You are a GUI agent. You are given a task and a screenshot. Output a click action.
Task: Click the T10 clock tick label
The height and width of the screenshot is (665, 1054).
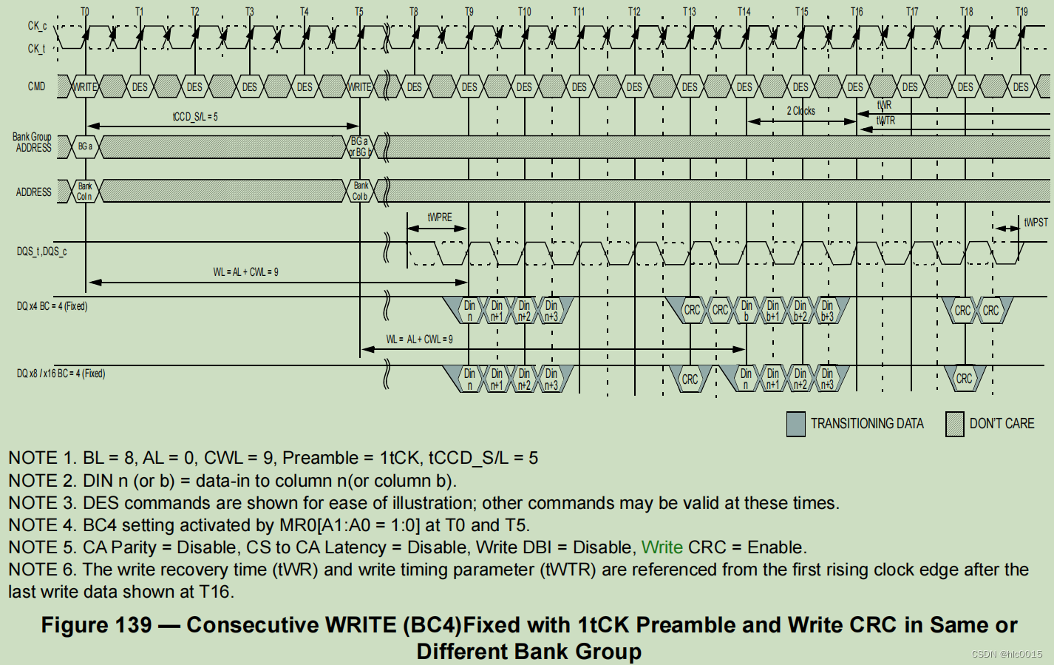pyautogui.click(x=524, y=11)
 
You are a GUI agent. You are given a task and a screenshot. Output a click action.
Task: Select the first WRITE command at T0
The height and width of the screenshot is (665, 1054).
pyautogui.click(x=85, y=87)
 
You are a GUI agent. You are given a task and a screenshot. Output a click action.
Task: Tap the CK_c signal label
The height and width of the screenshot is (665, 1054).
pyautogui.click(x=37, y=26)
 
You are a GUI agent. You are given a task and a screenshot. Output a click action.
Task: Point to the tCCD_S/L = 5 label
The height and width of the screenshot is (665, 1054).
pyautogui.click(x=195, y=117)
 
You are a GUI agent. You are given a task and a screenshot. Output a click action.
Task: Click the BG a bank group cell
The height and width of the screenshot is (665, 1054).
pyautogui.click(x=85, y=146)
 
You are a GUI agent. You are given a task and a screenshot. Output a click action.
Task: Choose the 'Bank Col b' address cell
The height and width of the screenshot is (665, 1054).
pyautogui.click(x=360, y=191)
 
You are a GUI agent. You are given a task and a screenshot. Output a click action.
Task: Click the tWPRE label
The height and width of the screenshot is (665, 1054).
pyautogui.click(x=439, y=217)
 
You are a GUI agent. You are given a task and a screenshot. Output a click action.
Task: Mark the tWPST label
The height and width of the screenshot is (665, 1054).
pyautogui.click(x=1036, y=222)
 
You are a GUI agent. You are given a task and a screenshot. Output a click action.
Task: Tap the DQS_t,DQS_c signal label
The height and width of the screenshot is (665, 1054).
pyautogui.click(x=41, y=252)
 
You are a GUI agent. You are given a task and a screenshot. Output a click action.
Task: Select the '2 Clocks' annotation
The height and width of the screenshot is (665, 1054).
pyautogui.click(x=800, y=111)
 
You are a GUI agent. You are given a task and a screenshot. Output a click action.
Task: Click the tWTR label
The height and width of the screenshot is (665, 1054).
pyautogui.click(x=885, y=121)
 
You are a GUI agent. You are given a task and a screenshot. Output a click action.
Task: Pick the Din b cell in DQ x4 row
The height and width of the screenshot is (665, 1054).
pyautogui.click(x=747, y=311)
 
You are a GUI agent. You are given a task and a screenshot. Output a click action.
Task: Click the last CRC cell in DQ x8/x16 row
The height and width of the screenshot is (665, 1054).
pyautogui.click(x=964, y=379)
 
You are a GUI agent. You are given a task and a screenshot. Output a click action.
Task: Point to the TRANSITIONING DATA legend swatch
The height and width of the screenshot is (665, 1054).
pyautogui.click(x=796, y=424)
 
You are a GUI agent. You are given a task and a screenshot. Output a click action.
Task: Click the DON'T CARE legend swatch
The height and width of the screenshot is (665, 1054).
pyautogui.click(x=954, y=424)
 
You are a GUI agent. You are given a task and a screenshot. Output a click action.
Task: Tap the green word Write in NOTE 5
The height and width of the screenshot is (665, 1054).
pyautogui.click(x=662, y=547)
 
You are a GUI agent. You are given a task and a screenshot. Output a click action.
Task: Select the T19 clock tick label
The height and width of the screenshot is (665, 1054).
pyautogui.click(x=1021, y=11)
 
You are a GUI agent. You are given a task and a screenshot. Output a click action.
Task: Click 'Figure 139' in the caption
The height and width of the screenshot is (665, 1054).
pyautogui.click(x=96, y=625)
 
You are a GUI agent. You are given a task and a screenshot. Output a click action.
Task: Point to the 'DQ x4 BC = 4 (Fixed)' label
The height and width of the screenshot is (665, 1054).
pyautogui.click(x=52, y=306)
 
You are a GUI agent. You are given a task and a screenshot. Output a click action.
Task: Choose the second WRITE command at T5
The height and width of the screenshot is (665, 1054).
pyautogui.click(x=360, y=87)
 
